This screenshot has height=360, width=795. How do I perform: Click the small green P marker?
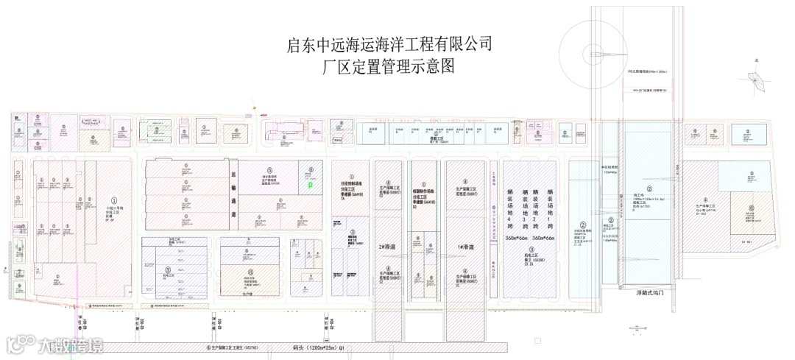click(310, 186)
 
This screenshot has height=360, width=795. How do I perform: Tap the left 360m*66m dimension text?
click(518, 239)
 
